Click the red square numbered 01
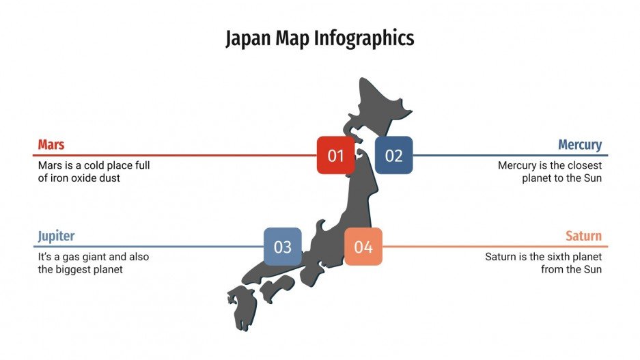(335, 155)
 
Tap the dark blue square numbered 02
(393, 155)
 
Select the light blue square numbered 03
(283, 247)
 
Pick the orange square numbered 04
(363, 247)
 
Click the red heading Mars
(51, 145)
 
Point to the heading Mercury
(579, 145)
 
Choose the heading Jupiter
(56, 236)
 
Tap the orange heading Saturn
(583, 236)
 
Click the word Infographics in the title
(364, 38)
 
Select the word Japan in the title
(248, 38)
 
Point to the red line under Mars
(171, 155)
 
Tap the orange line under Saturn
(492, 247)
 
